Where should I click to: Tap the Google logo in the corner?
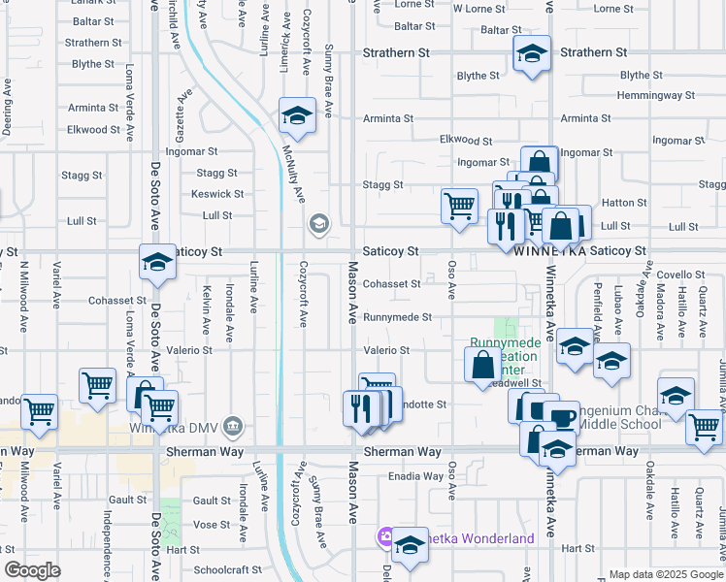pyautogui.click(x=32, y=570)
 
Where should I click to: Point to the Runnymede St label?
pyautogui.click(x=392, y=317)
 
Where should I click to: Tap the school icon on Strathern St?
pyautogui.click(x=532, y=55)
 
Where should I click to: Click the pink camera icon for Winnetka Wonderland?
pyautogui.click(x=385, y=538)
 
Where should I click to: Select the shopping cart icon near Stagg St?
pyautogui.click(x=459, y=206)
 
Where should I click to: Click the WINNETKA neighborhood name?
pyautogui.click(x=548, y=250)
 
